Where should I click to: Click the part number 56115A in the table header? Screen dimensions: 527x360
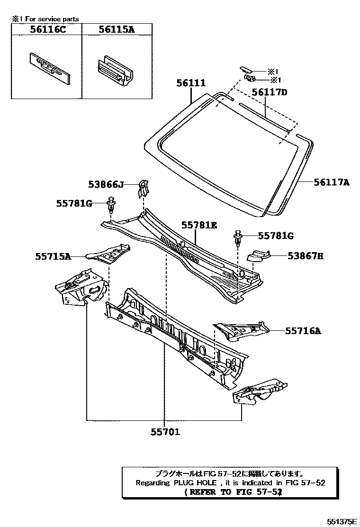[117, 29]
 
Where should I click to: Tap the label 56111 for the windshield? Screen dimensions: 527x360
[191, 83]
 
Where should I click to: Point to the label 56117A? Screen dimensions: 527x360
[331, 181]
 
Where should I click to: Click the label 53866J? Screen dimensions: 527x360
[106, 184]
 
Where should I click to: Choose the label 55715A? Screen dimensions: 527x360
[53, 256]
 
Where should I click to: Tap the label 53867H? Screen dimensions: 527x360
[306, 256]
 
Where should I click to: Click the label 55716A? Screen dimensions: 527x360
[303, 331]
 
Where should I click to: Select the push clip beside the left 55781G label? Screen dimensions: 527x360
[111, 206]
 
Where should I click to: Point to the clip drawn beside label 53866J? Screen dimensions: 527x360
[143, 189]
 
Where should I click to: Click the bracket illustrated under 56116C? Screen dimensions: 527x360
[49, 68]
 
